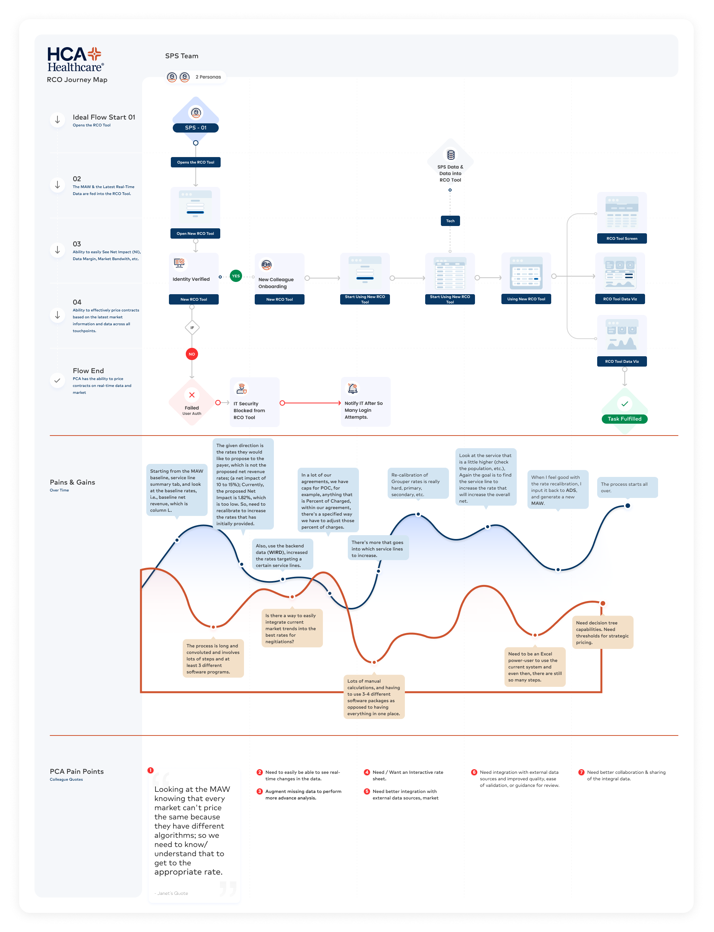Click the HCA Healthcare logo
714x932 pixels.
tap(75, 59)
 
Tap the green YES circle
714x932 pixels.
tap(236, 276)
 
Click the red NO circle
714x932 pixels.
tap(192, 354)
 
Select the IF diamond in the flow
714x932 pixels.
tap(192, 328)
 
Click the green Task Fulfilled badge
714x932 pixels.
tap(624, 419)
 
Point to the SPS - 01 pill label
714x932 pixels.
tap(195, 128)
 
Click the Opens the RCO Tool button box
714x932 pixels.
tap(195, 162)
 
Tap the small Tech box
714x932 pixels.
tap(450, 221)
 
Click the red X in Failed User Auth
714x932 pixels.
tap(192, 395)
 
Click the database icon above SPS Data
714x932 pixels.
tap(450, 155)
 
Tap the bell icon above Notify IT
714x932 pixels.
tap(353, 388)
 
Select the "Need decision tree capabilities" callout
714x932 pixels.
tap(602, 632)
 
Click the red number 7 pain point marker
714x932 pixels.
tap(581, 772)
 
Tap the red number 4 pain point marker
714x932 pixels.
tap(367, 772)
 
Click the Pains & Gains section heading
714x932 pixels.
tap(72, 482)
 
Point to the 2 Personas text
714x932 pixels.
tap(208, 77)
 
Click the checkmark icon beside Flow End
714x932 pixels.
tap(57, 381)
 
